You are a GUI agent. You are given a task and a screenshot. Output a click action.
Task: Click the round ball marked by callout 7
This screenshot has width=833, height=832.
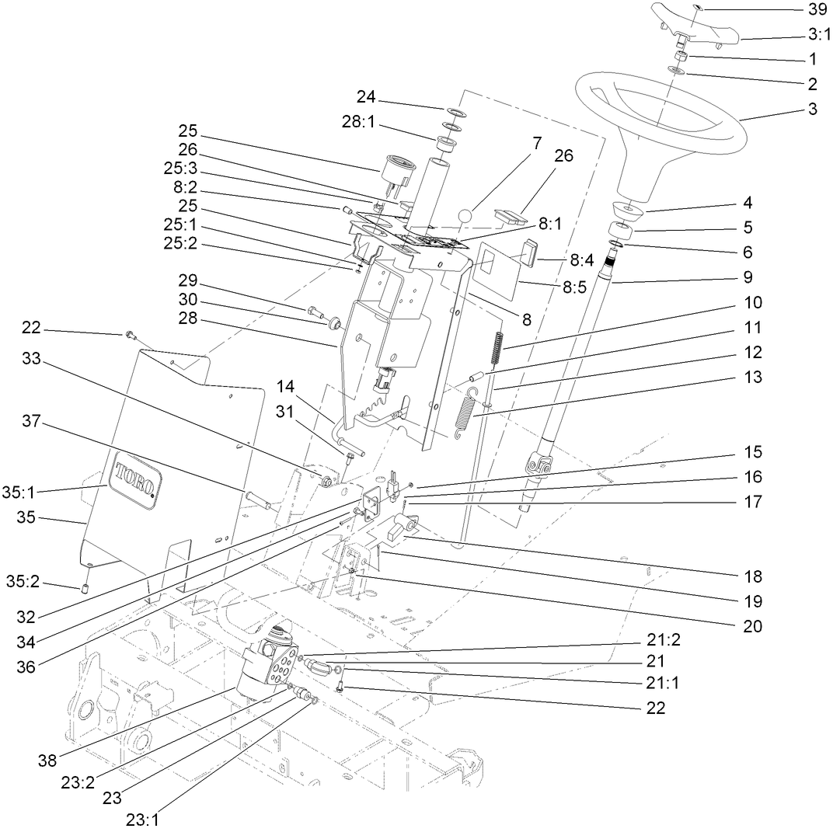pos(465,215)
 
